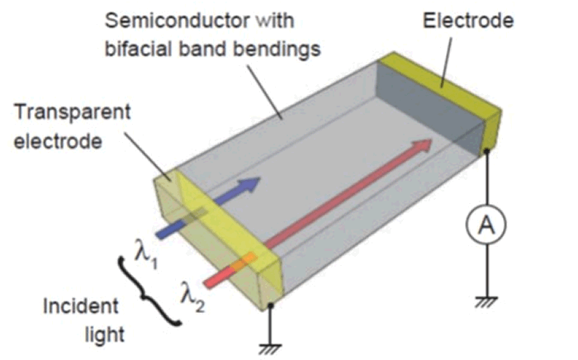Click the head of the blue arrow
(251, 184)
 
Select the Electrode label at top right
(467, 20)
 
